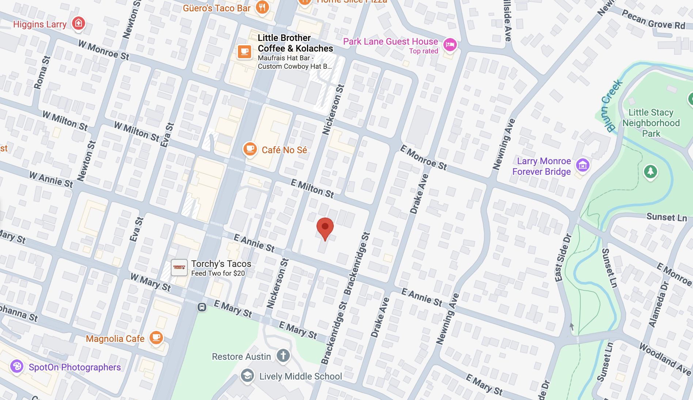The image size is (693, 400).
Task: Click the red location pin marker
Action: coord(325,227)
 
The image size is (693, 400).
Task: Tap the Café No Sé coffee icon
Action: coord(250,149)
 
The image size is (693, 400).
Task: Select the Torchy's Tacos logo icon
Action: coord(179,268)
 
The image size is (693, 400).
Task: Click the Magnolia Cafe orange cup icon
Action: coord(156,337)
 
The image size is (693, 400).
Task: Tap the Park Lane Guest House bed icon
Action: coord(450,45)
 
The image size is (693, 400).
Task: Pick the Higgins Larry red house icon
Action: coord(78,23)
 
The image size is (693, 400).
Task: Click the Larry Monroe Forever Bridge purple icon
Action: coord(583,165)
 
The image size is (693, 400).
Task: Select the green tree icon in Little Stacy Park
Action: coord(650,171)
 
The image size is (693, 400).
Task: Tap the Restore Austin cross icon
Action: coord(283,355)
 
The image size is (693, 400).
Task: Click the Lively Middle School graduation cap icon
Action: coord(247,376)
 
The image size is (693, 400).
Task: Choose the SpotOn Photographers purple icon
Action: coord(17,366)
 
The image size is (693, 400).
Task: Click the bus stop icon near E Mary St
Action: coord(202,307)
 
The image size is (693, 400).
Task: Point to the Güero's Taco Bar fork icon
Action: coord(262,7)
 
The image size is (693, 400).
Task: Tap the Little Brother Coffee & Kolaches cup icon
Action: coord(245,52)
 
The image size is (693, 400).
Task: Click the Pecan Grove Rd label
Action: coord(653,20)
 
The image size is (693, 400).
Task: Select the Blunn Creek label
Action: coord(611,106)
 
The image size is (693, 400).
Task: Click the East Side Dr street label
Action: coord(563,258)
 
